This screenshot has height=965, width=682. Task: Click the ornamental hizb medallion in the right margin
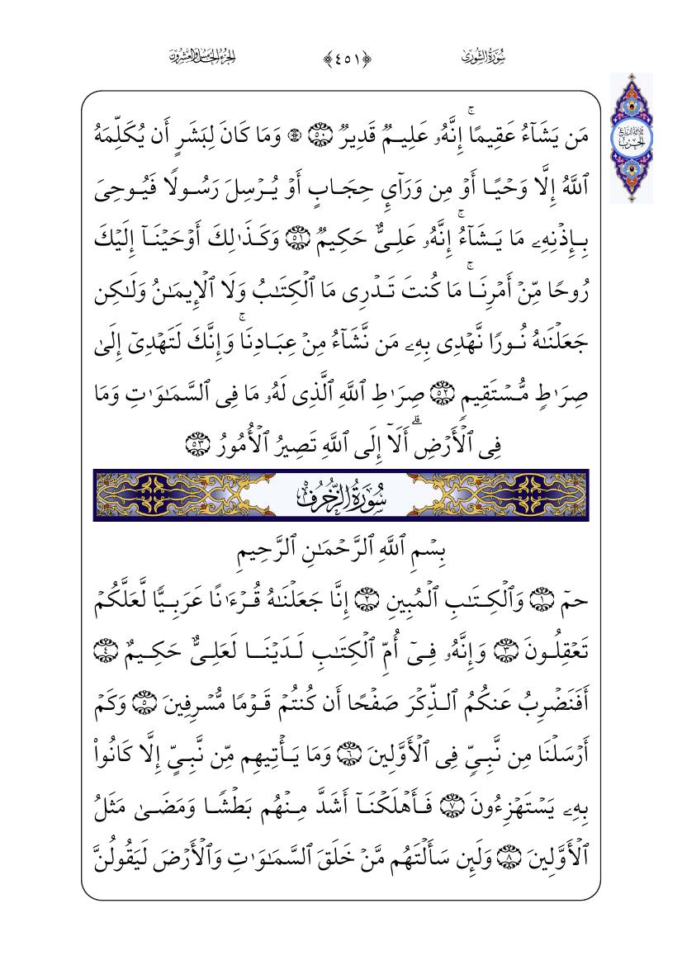(x=631, y=138)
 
